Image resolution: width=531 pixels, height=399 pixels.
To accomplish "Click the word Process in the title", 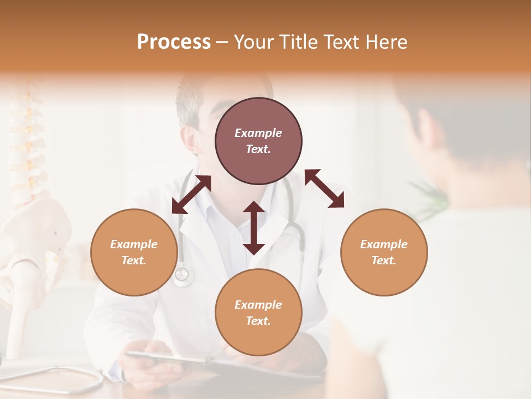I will [x=174, y=42].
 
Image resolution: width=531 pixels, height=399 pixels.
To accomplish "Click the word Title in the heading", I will [x=295, y=42].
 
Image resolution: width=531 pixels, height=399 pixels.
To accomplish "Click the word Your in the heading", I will [x=254, y=42].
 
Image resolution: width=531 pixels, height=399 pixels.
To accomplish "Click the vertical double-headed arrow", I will [x=254, y=228].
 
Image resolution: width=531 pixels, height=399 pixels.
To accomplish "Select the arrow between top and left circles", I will [x=191, y=195].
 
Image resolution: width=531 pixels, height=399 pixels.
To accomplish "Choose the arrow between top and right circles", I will [x=325, y=189].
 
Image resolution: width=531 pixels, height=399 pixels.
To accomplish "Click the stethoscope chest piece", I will [x=182, y=274].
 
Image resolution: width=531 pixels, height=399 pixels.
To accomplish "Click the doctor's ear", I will [x=191, y=140].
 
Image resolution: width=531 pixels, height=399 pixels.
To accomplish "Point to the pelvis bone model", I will [x=33, y=233].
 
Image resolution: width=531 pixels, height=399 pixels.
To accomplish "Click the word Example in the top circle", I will [x=258, y=133].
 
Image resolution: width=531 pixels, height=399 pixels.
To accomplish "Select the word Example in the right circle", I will [x=384, y=244].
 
